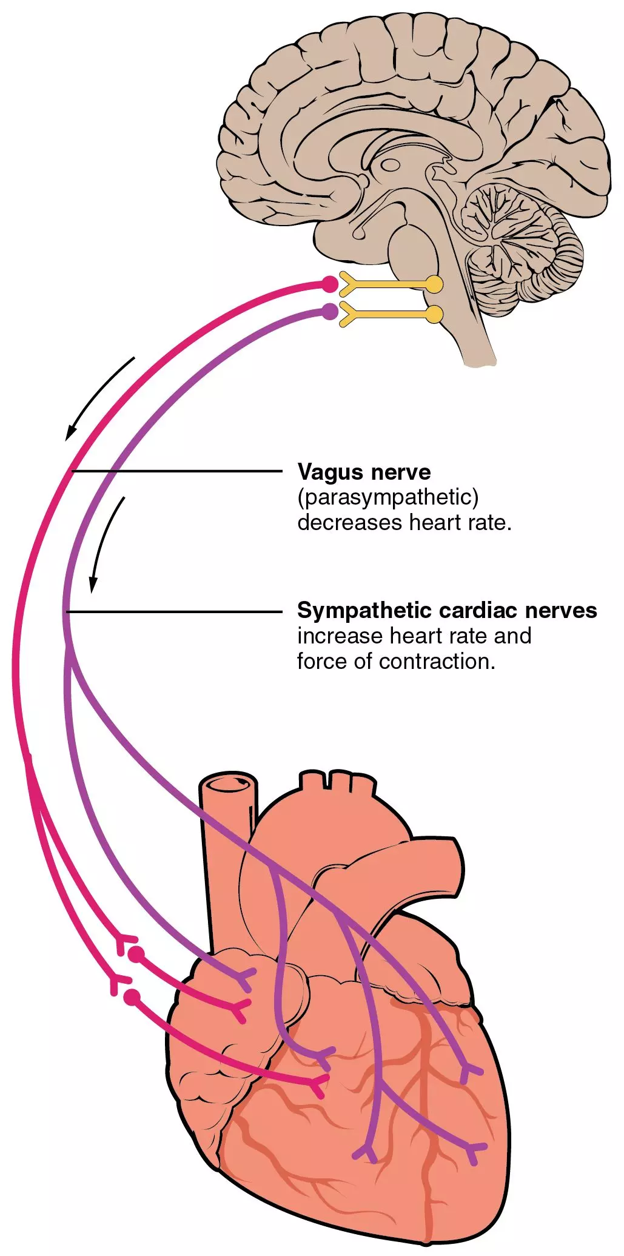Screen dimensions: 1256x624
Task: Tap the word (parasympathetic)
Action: tap(388, 497)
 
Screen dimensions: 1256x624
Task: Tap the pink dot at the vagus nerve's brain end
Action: tap(329, 283)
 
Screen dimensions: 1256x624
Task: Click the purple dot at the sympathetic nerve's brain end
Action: tap(329, 312)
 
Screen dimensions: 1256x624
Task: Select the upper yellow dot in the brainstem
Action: tap(434, 284)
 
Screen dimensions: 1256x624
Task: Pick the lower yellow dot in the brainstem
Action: tap(434, 314)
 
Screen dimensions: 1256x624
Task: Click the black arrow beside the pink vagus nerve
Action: tap(100, 397)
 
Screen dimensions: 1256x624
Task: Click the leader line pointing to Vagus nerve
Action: tap(176, 471)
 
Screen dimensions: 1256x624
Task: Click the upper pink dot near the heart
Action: tap(136, 954)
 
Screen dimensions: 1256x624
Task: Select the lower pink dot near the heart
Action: tap(132, 996)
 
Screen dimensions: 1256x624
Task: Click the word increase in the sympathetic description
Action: tap(340, 636)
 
